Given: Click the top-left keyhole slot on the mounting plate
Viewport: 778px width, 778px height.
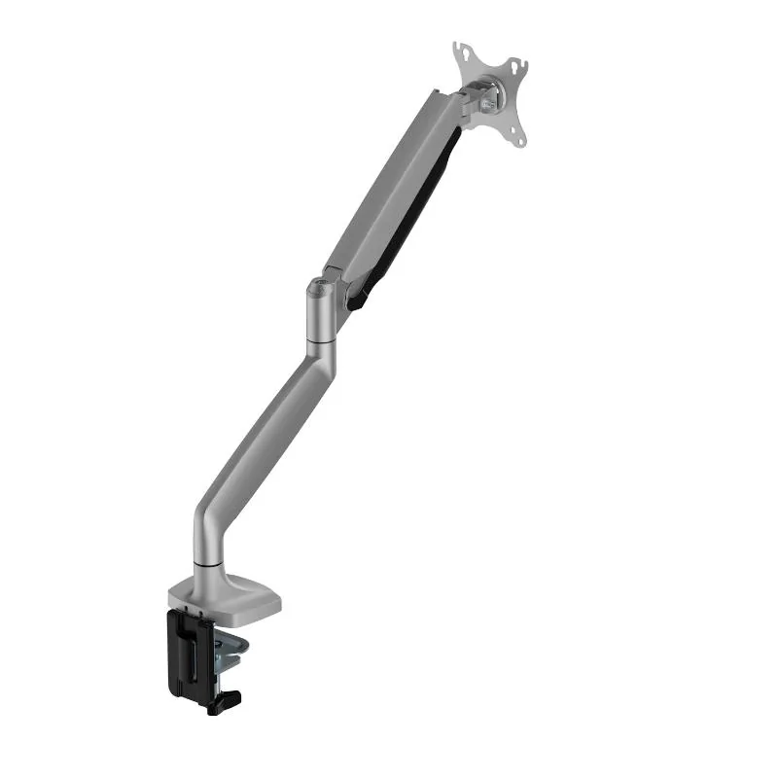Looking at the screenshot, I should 460,50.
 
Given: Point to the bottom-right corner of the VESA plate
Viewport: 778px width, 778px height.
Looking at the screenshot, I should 520,142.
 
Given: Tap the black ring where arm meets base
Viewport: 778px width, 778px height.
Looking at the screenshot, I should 206,562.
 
